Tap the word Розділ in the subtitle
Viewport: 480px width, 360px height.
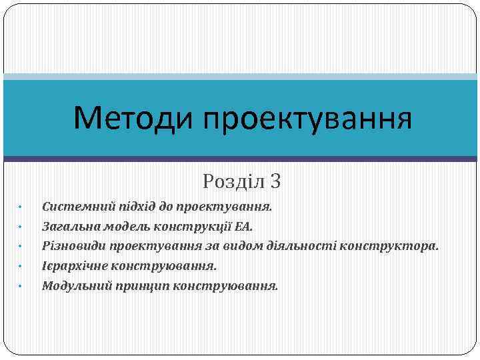[233, 181]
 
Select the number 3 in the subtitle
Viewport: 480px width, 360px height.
[276, 181]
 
